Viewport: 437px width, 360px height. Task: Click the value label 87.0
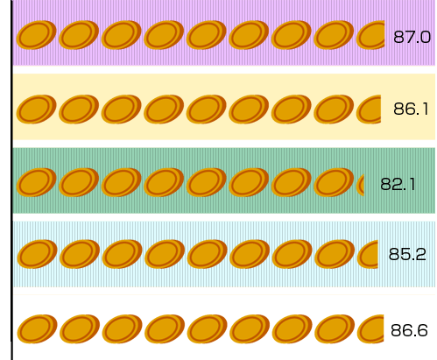pyautogui.click(x=412, y=38)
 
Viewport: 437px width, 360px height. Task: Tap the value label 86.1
pyautogui.click(x=411, y=109)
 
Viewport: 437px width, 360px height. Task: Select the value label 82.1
pyautogui.click(x=398, y=185)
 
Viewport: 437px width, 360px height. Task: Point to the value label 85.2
pyautogui.click(x=407, y=254)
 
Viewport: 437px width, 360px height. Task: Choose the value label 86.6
pyautogui.click(x=409, y=330)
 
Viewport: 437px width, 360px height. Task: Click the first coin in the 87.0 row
pyautogui.click(x=36, y=35)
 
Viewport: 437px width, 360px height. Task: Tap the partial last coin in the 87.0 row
pyautogui.click(x=370, y=35)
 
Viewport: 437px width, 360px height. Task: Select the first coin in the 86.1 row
pyautogui.click(x=36, y=109)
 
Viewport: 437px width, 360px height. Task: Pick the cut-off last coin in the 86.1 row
pyautogui.click(x=369, y=109)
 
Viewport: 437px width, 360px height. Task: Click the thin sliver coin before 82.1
pyautogui.click(x=361, y=185)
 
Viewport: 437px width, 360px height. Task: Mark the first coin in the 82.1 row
pyautogui.click(x=36, y=182)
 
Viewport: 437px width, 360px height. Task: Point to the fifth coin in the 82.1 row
pyautogui.click(x=206, y=182)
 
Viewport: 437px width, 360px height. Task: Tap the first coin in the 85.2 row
pyautogui.click(x=37, y=254)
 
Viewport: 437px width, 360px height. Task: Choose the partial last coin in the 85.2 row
pyautogui.click(x=368, y=254)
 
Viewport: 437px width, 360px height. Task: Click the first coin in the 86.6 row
pyautogui.click(x=37, y=329)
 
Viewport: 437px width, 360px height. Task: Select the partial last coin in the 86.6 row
pyautogui.click(x=370, y=329)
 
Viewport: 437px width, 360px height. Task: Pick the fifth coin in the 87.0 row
pyautogui.click(x=206, y=35)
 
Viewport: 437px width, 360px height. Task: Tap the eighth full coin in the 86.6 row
pyautogui.click(x=335, y=329)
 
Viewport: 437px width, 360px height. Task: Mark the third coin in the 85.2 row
pyautogui.click(x=122, y=254)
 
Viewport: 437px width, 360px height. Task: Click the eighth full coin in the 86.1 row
pyautogui.click(x=334, y=109)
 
